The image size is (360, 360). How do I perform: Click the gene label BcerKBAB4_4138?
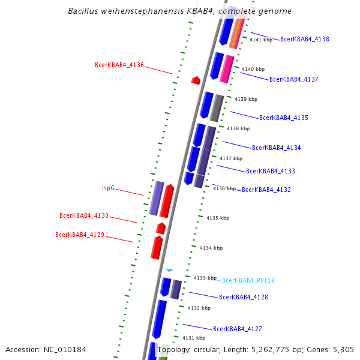[x=304, y=39]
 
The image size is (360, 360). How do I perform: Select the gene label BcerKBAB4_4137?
[x=294, y=79]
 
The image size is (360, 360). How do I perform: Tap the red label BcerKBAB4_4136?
[x=119, y=65]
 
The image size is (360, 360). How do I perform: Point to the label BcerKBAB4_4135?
[x=284, y=118]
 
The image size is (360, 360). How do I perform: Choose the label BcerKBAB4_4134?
[x=277, y=148]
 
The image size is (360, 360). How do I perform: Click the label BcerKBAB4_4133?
[x=271, y=171]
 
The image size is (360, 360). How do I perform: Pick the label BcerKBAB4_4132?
[x=266, y=190]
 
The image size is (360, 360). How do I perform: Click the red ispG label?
[x=108, y=188]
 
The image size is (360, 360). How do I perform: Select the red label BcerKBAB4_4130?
[x=84, y=215]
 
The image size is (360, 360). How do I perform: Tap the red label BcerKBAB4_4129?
[x=80, y=235]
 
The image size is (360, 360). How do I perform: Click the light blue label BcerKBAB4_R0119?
[x=248, y=280]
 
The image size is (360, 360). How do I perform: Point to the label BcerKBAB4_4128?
[x=244, y=297]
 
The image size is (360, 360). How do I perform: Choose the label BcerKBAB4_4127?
[x=238, y=329]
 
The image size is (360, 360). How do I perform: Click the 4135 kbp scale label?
[x=217, y=218]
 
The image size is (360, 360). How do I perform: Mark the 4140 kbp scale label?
[x=253, y=69]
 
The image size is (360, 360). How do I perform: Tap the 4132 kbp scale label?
[x=199, y=308]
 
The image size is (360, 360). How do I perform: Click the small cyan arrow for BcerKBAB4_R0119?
[x=169, y=271]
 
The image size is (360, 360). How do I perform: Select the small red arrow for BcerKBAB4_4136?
[x=196, y=80]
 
